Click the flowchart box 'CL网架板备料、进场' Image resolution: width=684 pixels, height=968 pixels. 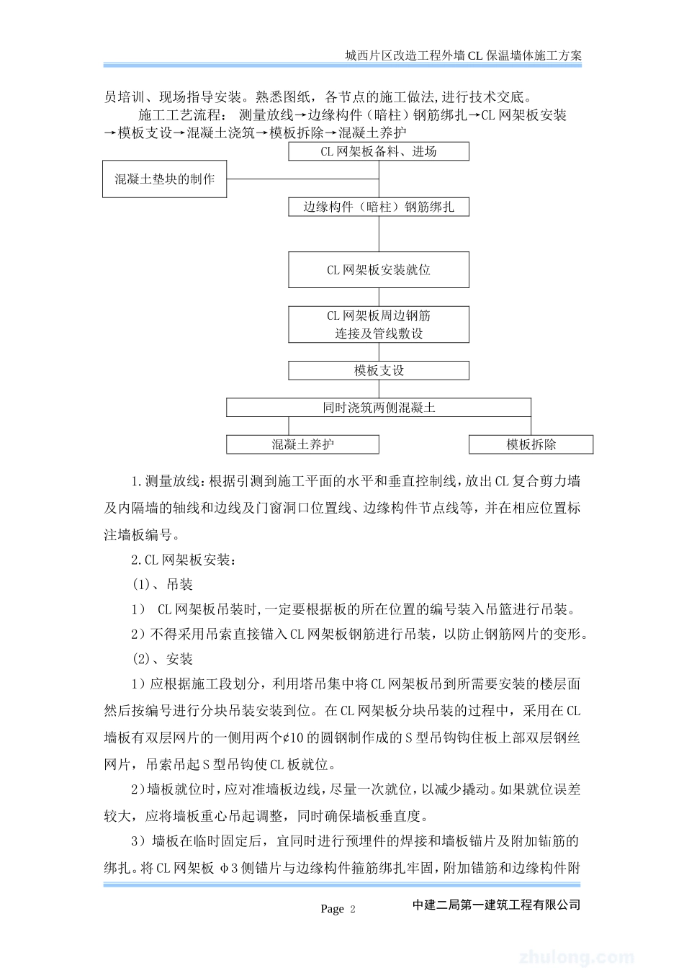pyautogui.click(x=379, y=151)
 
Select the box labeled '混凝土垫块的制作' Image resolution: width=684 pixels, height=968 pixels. pyautogui.click(x=165, y=179)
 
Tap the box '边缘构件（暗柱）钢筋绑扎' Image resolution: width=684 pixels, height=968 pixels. pyautogui.click(x=379, y=207)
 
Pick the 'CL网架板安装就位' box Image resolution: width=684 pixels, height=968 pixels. pyautogui.click(x=379, y=270)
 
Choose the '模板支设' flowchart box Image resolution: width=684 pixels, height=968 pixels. pyautogui.click(x=379, y=370)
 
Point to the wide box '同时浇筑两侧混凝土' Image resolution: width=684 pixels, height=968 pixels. pyautogui.click(x=379, y=408)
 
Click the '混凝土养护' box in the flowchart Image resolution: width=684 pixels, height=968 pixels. pyautogui.click(x=302, y=444)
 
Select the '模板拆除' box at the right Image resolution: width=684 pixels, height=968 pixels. pyautogui.click(x=531, y=444)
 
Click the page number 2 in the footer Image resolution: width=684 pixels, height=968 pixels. pyautogui.click(x=353, y=909)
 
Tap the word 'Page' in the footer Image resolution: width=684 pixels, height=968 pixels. pyautogui.click(x=332, y=909)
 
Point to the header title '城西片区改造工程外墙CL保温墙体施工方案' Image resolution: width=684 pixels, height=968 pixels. pyautogui.click(x=464, y=55)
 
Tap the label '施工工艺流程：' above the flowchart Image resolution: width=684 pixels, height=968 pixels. pyautogui.click(x=182, y=115)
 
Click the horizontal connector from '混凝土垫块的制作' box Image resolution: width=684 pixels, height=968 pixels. pyautogui.click(x=302, y=179)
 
